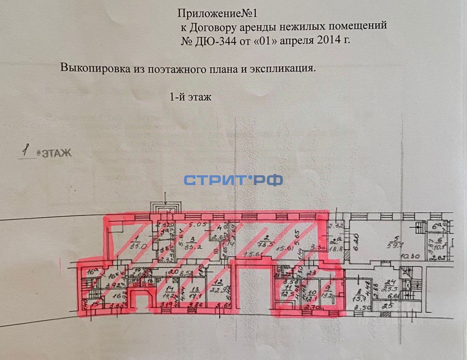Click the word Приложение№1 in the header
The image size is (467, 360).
point(218,14)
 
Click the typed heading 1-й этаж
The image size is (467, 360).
point(190,97)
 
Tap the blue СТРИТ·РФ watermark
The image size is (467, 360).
point(233,180)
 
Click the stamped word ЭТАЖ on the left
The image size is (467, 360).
point(56,154)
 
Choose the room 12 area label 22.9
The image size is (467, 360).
point(218,288)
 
